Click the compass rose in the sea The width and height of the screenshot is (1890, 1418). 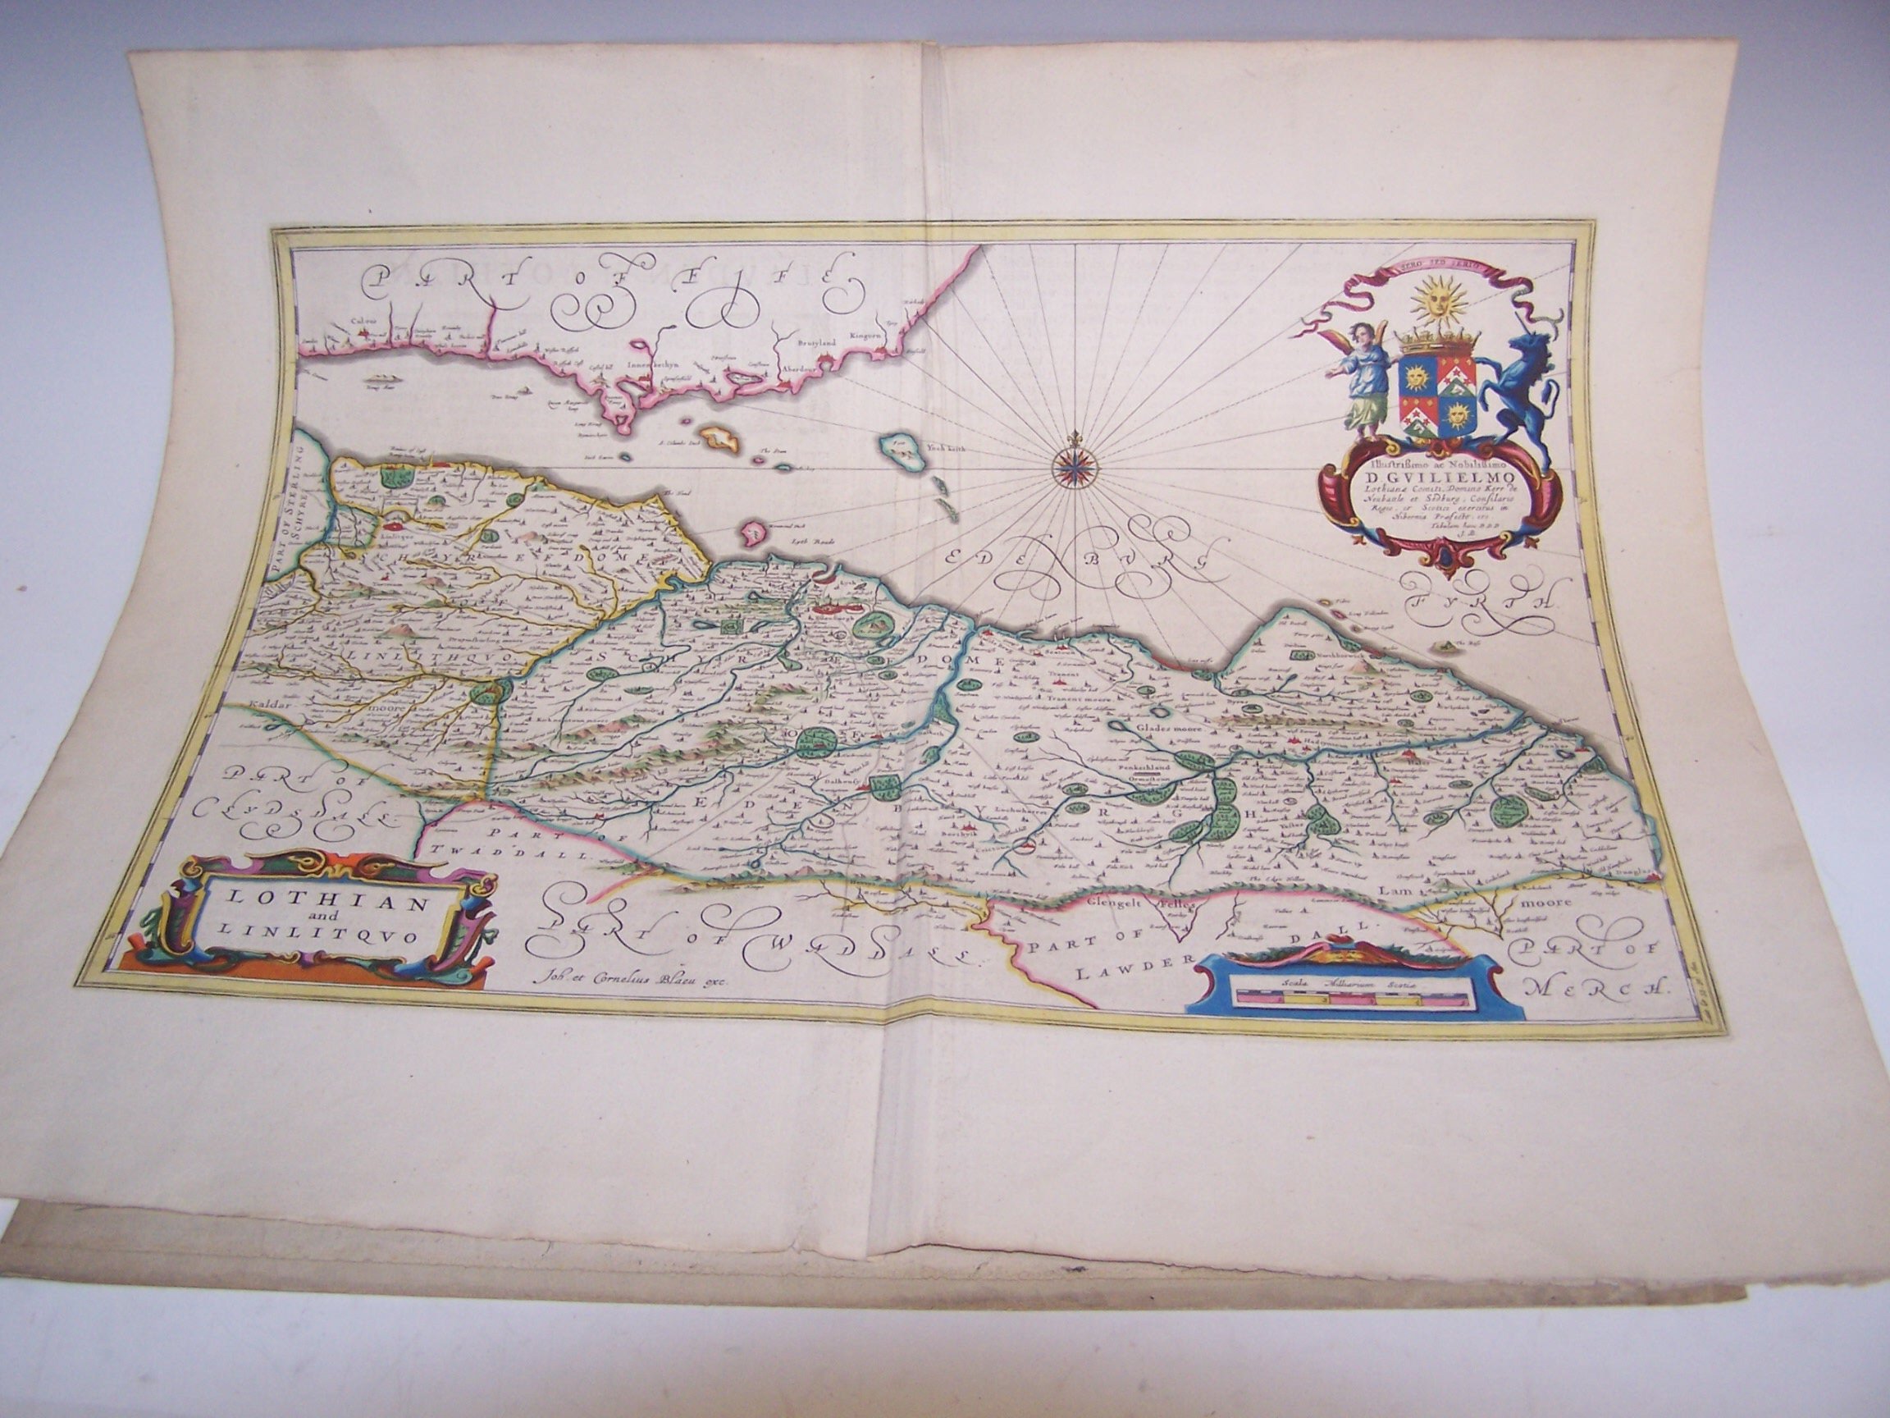tap(1071, 466)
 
